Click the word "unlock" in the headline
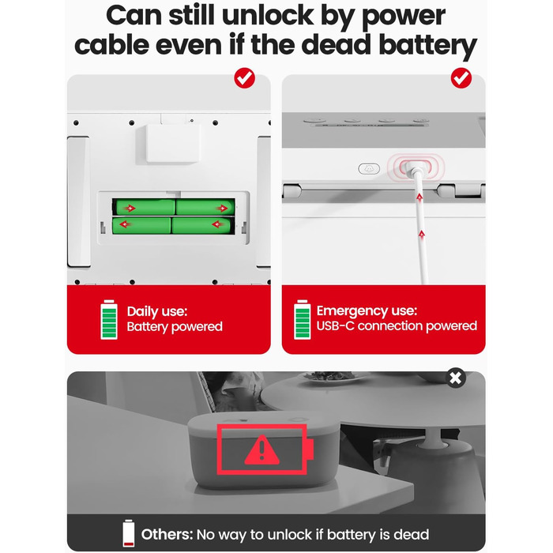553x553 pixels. [268, 16]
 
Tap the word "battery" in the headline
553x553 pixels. [428, 46]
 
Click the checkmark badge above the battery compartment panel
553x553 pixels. [244, 78]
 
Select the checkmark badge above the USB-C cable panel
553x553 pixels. [461, 78]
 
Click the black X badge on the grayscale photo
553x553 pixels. [455, 378]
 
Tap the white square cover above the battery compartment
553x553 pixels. [173, 143]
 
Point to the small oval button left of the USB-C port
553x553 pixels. [369, 169]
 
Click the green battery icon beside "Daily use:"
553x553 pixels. [109, 319]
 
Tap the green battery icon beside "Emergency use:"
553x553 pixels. [303, 319]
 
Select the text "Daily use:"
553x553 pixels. [157, 311]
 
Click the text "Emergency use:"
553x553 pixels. [367, 310]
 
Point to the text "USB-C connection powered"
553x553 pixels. [397, 325]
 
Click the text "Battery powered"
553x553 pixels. [175, 327]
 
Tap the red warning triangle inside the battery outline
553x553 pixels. [261, 450]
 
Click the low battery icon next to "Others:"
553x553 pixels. [128, 533]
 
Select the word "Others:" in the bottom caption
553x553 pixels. [167, 534]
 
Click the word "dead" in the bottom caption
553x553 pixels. [412, 534]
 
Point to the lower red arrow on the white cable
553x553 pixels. [422, 234]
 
